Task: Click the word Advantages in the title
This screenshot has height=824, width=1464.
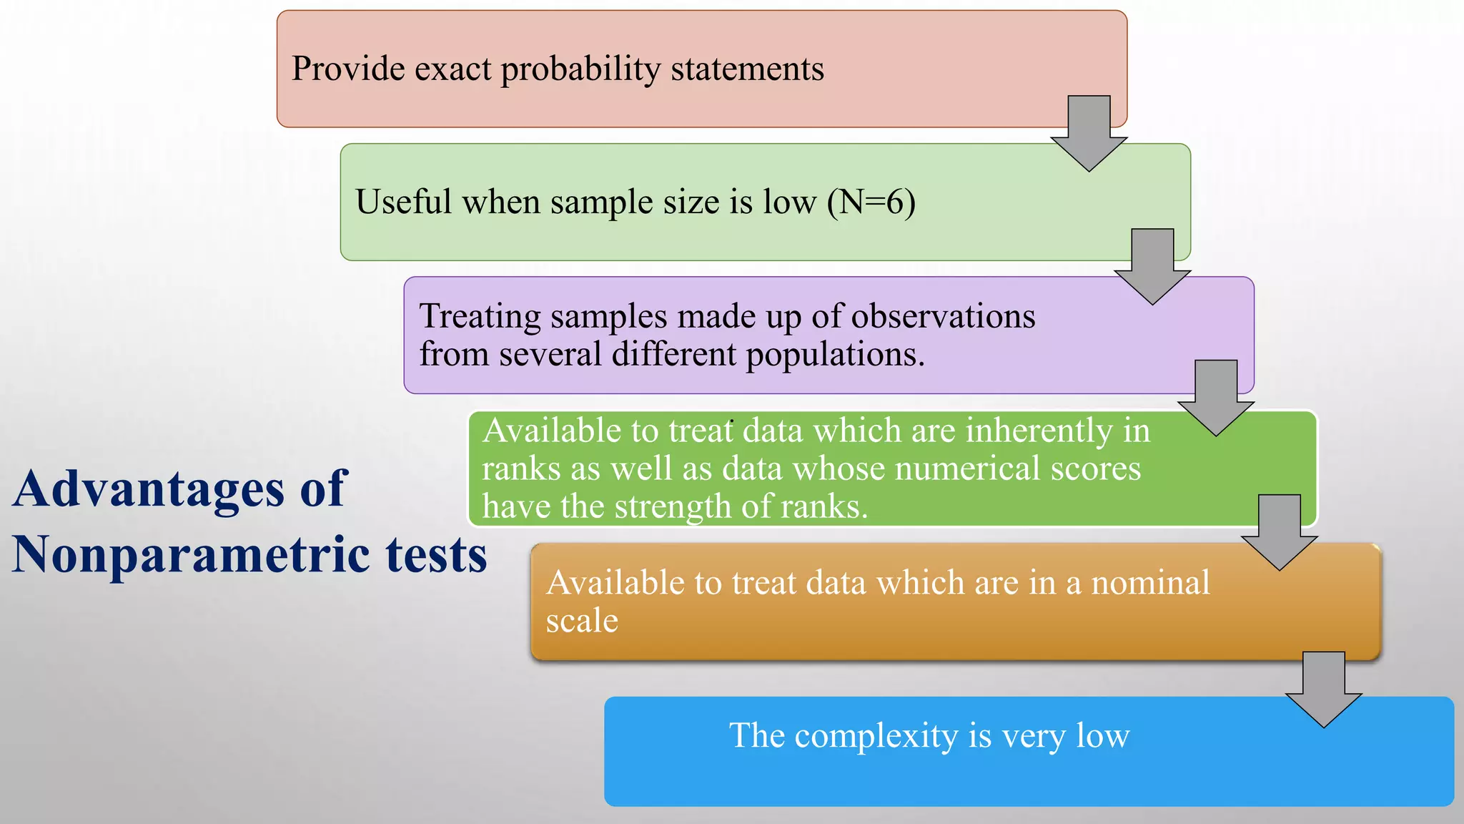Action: [149, 490]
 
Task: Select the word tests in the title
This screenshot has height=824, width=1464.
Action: [436, 556]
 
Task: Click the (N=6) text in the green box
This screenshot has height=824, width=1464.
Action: [871, 202]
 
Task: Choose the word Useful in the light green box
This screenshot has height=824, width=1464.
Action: [403, 202]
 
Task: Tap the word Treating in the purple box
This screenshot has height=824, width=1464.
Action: [480, 317]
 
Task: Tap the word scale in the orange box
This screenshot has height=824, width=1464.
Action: [582, 621]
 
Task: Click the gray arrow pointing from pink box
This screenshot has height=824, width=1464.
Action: [1089, 132]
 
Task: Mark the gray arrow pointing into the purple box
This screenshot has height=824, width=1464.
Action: [1152, 265]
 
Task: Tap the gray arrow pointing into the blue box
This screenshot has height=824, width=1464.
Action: [1323, 688]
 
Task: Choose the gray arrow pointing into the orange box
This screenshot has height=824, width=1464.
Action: [1279, 531]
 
